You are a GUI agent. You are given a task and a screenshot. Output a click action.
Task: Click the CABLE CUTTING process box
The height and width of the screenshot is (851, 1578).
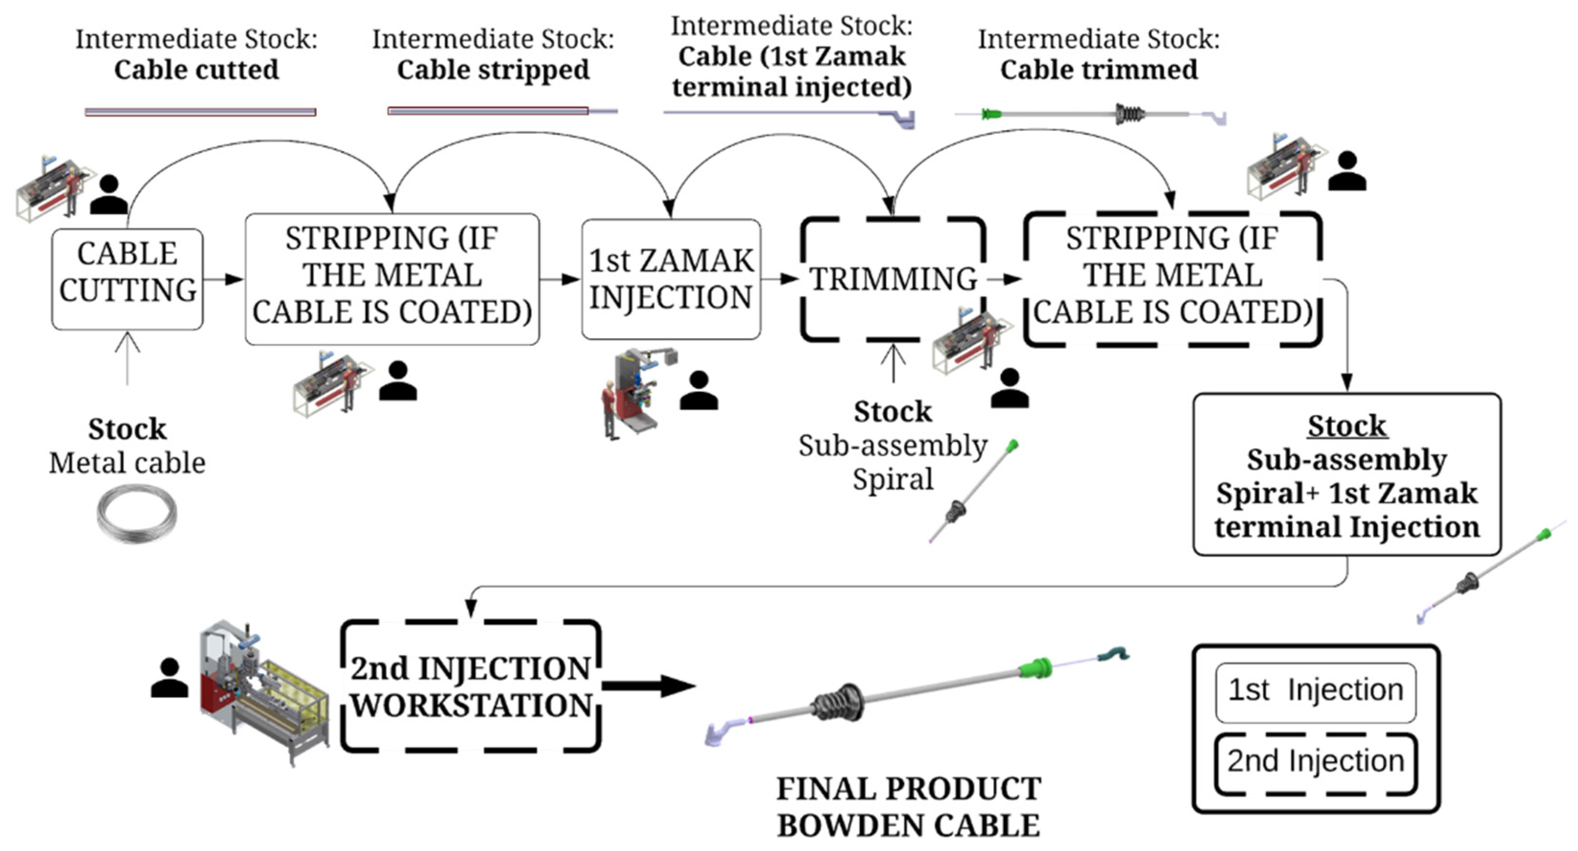[x=128, y=279]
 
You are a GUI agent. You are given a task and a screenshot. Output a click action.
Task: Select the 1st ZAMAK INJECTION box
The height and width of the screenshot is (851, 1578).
[x=671, y=279]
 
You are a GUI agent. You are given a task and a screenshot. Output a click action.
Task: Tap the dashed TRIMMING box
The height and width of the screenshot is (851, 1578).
[x=893, y=279]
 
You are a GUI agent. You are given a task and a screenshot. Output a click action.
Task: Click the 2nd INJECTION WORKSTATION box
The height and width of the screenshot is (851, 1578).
[x=471, y=686]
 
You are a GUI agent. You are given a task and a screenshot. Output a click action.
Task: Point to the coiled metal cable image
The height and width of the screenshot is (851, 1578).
[x=137, y=513]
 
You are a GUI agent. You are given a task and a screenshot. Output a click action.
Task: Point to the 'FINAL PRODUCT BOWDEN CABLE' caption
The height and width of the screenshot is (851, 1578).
[x=908, y=807]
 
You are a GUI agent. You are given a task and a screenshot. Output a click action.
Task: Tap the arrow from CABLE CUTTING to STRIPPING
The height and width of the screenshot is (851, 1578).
[x=224, y=279]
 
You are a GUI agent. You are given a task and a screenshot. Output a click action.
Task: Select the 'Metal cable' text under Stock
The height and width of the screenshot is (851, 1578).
[x=128, y=463]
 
